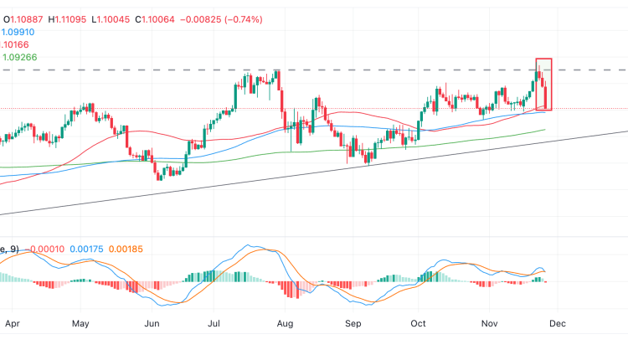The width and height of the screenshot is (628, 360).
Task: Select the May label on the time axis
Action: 80,322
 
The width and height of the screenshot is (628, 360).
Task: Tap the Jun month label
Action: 152,322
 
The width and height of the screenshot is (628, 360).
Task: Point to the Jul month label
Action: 215,322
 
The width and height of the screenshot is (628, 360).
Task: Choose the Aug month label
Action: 286,322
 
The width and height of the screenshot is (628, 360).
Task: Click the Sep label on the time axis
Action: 353,322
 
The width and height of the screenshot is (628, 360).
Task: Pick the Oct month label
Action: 419,322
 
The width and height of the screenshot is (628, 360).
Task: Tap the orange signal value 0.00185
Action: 134,249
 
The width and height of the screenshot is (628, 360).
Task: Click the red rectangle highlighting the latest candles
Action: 544,84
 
